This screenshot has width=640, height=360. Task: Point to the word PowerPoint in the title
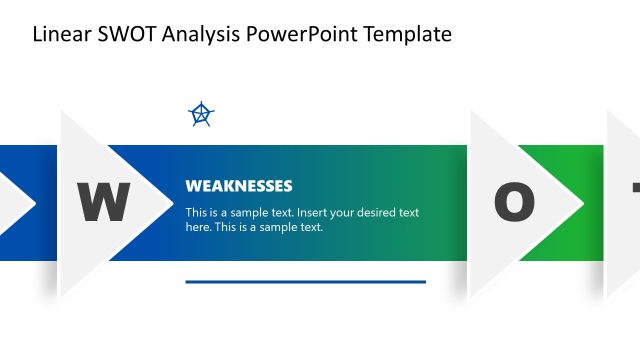click(296, 35)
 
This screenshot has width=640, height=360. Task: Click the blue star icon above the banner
click(202, 115)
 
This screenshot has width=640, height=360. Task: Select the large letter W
click(104, 203)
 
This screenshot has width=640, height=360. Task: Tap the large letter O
click(514, 203)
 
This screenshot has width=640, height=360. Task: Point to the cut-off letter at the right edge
click(635, 190)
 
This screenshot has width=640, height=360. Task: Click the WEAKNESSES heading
click(238, 186)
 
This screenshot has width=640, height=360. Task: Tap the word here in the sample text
click(198, 227)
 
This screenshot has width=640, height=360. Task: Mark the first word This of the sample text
click(197, 213)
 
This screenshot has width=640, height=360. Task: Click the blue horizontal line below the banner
click(305, 282)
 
